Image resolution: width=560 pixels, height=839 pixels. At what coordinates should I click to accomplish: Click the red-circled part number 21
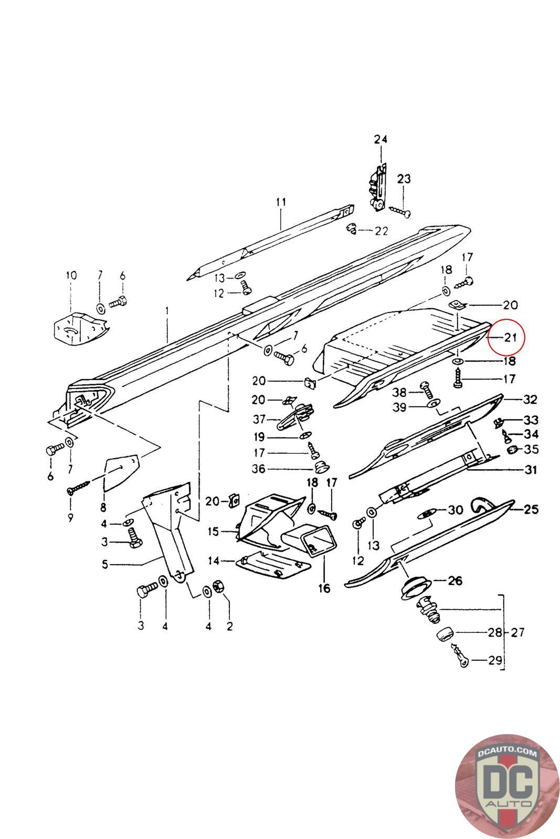pyautogui.click(x=510, y=337)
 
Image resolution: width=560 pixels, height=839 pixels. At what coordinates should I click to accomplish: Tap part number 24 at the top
pyautogui.click(x=381, y=139)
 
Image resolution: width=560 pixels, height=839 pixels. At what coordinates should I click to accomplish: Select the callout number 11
pyautogui.click(x=281, y=202)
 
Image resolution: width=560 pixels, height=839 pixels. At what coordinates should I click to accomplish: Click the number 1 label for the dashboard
pyautogui.click(x=167, y=311)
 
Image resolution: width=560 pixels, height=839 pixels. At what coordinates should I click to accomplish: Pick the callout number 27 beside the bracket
pyautogui.click(x=518, y=632)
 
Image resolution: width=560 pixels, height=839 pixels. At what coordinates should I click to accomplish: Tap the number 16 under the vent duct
pyautogui.click(x=324, y=589)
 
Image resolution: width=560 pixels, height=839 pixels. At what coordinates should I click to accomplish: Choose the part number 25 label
pyautogui.click(x=531, y=509)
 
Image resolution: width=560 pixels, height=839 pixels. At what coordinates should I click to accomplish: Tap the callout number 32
pyautogui.click(x=530, y=400)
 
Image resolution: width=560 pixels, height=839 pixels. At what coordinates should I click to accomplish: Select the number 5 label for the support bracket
pyautogui.click(x=105, y=564)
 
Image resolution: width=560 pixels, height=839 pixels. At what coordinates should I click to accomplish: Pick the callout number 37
pyautogui.click(x=259, y=419)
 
